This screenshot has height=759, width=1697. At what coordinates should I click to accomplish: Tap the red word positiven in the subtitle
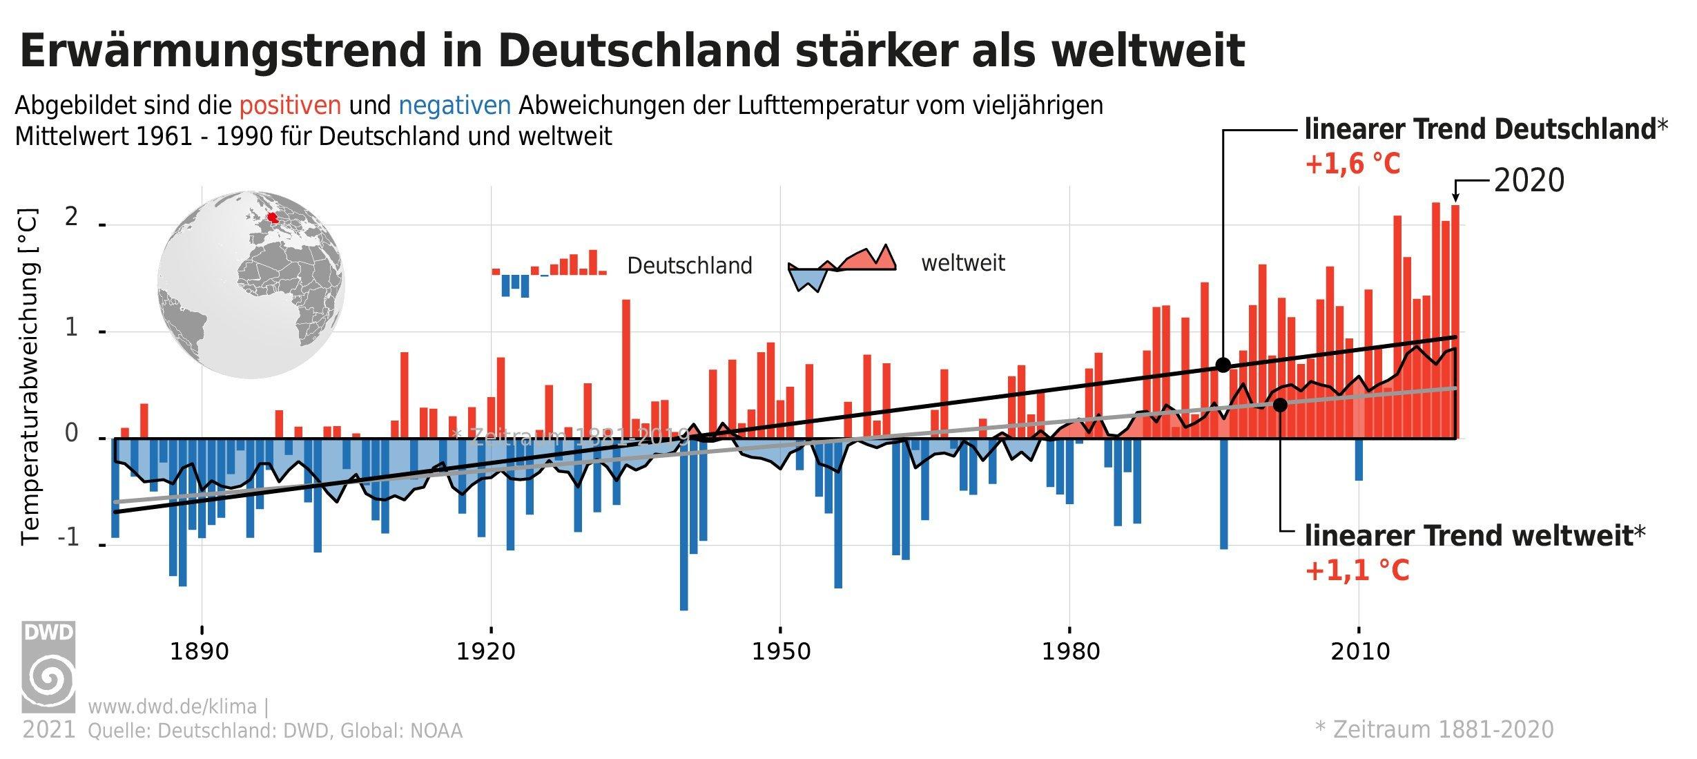[290, 106]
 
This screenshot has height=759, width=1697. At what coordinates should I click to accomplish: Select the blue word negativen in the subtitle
[455, 106]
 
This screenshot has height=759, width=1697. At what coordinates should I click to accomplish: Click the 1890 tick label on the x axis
[200, 652]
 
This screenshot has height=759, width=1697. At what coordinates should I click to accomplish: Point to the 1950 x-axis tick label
[779, 652]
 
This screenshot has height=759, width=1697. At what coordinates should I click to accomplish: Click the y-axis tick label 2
[70, 218]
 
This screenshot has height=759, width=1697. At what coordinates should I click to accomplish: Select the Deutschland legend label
[689, 266]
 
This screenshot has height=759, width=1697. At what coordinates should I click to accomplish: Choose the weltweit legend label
[962, 263]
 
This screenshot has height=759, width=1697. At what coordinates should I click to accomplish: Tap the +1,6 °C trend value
[1352, 165]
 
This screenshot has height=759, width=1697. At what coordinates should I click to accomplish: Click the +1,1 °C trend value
[1356, 571]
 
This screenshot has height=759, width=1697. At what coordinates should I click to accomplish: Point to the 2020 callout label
[1529, 181]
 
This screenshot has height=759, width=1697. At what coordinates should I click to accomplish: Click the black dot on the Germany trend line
[1223, 365]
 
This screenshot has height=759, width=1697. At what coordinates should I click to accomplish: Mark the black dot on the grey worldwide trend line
[1279, 405]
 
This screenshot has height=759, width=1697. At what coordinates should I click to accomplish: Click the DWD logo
[48, 667]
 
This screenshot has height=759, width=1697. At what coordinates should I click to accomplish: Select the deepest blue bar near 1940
[683, 525]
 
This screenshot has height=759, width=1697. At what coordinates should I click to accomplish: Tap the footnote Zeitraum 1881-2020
[1435, 729]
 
